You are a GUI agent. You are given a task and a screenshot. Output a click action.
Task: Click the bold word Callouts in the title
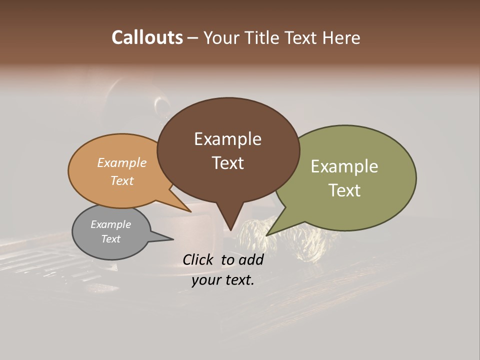click(x=147, y=37)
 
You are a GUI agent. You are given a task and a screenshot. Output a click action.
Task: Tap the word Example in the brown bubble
click(x=227, y=139)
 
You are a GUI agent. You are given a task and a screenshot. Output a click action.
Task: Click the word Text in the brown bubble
click(x=227, y=163)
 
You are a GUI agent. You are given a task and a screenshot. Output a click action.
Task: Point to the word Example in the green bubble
click(x=344, y=166)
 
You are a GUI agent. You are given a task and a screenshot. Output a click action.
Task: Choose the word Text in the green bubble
click(x=344, y=190)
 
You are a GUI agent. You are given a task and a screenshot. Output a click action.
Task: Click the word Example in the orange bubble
click(x=122, y=162)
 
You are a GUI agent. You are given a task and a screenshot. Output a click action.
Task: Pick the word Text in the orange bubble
click(x=122, y=180)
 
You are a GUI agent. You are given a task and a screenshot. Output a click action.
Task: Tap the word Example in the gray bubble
click(x=111, y=224)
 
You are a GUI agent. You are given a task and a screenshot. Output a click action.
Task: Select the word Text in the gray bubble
click(x=111, y=239)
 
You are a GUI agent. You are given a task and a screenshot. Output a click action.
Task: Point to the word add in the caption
click(x=251, y=259)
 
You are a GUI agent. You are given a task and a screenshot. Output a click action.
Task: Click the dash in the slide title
click(x=193, y=37)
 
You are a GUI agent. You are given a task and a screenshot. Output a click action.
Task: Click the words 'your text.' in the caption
click(x=223, y=280)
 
